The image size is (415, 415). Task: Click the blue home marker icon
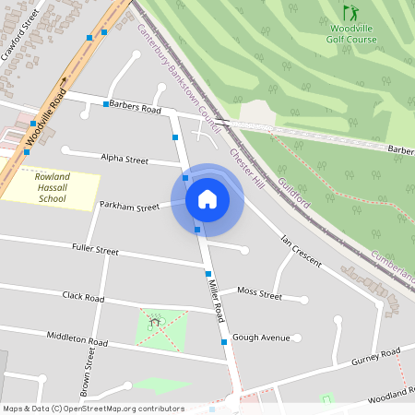click(207, 199)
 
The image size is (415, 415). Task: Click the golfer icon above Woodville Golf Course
click(350, 13)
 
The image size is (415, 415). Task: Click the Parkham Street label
click(129, 207)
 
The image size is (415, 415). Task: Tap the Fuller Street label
click(95, 249)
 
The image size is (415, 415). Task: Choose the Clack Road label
click(83, 297)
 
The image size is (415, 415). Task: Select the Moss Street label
click(259, 294)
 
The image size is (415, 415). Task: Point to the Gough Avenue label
click(261, 338)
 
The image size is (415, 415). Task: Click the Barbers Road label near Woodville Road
click(135, 108)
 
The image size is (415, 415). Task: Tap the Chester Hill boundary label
click(247, 165)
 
